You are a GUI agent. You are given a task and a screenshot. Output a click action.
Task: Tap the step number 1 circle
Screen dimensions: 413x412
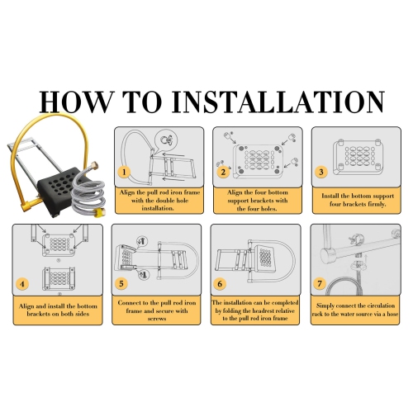[x=124, y=173]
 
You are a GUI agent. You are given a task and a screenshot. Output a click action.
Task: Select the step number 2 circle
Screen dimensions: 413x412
[x=223, y=173]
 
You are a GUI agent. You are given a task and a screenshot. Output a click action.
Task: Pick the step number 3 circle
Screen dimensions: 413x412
[x=321, y=173]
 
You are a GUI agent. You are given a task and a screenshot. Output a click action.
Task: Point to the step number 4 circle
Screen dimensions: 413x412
[x=22, y=284]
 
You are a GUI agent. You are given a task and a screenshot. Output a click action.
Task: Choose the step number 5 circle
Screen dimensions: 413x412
[x=121, y=283]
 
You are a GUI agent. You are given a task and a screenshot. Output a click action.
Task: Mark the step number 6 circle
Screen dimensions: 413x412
[x=220, y=283]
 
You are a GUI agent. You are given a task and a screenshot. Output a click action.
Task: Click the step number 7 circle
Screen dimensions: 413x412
[x=320, y=283]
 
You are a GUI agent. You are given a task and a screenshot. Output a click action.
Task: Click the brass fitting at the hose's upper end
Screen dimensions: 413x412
[x=96, y=166]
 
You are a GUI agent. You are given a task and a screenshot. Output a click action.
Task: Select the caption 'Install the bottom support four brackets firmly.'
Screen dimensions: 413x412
[x=358, y=200]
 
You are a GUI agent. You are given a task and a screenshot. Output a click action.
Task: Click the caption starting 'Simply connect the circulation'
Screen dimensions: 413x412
[x=355, y=310]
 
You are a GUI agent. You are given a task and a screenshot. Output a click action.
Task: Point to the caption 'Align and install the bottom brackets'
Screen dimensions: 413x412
[x=58, y=310]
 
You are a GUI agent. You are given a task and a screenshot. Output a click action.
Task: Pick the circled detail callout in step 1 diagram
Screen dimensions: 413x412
[x=165, y=140]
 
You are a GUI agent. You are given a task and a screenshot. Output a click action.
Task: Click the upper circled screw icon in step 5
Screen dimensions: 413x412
[x=143, y=241]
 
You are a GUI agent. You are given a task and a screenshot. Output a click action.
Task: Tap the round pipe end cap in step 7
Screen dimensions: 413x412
[x=327, y=254]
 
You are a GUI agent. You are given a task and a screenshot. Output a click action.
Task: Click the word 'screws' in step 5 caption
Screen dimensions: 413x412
[x=157, y=319]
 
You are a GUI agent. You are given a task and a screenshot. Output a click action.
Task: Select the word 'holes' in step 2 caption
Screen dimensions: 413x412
[x=268, y=209]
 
